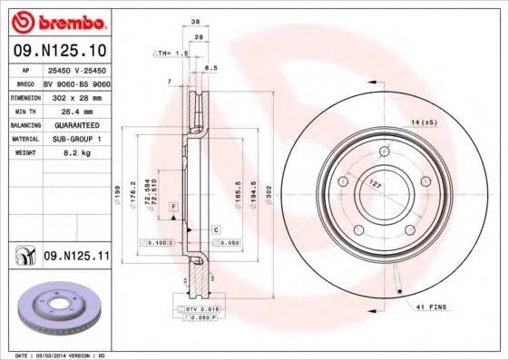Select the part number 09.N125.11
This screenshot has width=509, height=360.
coord(76,258)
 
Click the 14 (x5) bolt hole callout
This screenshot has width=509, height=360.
coord(423,122)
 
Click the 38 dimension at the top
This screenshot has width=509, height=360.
coord(195,22)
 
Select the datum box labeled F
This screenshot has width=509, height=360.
coord(172,208)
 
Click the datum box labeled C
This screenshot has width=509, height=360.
coord(216,229)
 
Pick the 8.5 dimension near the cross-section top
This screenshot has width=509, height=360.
coord(211,68)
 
